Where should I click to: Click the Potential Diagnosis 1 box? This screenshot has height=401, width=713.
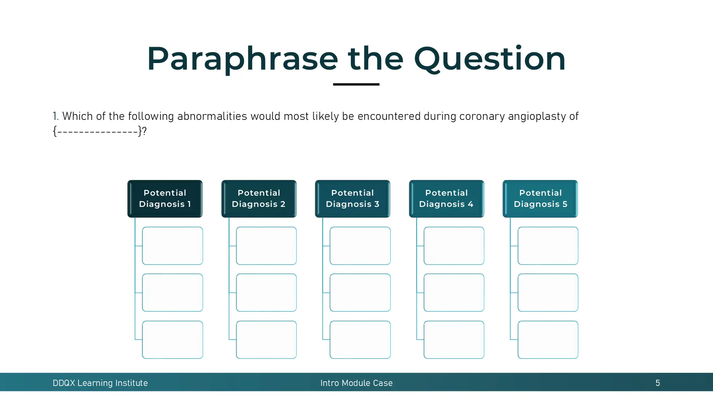tap(165, 198)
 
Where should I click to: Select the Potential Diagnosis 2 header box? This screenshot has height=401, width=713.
tap(259, 198)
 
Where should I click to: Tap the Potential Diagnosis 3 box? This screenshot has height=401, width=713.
tap(352, 198)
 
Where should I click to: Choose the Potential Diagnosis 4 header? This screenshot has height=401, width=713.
tap(446, 198)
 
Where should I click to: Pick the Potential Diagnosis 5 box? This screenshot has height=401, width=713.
tap(540, 198)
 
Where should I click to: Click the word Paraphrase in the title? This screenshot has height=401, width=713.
tap(242, 59)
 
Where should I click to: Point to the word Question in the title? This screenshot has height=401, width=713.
tap(489, 59)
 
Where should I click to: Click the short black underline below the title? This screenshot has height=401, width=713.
tap(356, 84)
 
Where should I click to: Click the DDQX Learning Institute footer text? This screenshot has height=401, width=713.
tap(100, 383)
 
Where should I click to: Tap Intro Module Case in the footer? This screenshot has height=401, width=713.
tap(356, 383)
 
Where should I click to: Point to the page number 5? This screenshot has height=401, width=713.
tap(658, 383)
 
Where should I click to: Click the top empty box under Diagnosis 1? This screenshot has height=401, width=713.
tap(173, 246)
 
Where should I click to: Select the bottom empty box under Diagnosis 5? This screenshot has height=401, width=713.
tap(548, 340)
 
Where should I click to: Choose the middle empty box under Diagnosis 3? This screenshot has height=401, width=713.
tap(360, 292)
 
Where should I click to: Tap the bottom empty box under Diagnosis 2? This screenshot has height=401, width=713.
tap(266, 340)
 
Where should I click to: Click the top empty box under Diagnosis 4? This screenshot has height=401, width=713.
tap(454, 246)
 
